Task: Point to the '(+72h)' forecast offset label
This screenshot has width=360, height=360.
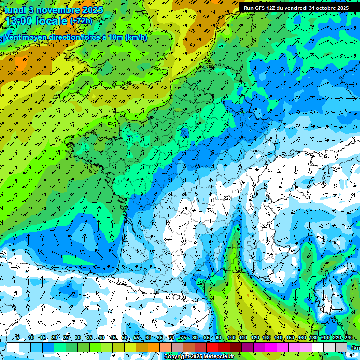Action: pyautogui.click(x=81, y=21)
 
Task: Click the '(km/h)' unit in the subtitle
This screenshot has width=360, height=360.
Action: pyautogui.click(x=136, y=37)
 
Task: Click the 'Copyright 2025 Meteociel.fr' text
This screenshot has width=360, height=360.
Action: pyautogui.click(x=199, y=357)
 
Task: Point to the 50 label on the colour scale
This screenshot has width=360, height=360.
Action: pyautogui.click(x=125, y=338)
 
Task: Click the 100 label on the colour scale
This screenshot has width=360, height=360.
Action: pyautogui.click(x=231, y=338)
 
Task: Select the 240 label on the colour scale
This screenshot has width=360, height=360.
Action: pyautogui.click(x=348, y=338)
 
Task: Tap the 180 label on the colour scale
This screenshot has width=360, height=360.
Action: pyautogui.click(x=313, y=338)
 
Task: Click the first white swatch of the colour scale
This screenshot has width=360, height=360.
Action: pyautogui.click(x=13, y=347)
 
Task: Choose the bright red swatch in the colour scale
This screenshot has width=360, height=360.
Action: pyautogui.click(x=212, y=347)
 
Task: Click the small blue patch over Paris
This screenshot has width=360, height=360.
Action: pyautogui.click(x=185, y=133)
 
